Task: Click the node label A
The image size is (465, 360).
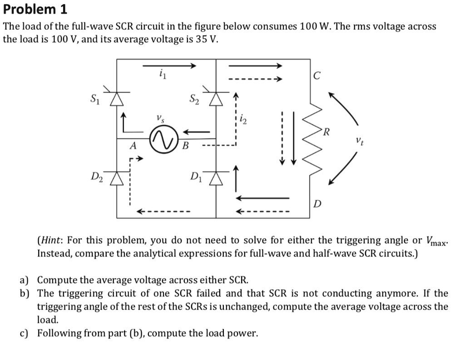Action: pyautogui.click(x=133, y=146)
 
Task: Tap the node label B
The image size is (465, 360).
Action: pyautogui.click(x=185, y=146)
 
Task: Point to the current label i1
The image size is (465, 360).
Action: pyautogui.click(x=162, y=74)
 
